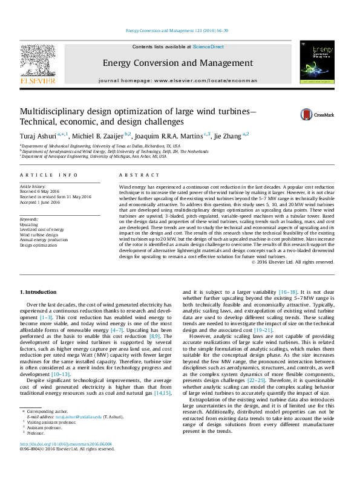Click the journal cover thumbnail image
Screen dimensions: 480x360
tap(316, 63)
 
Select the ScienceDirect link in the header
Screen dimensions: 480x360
tap(208, 47)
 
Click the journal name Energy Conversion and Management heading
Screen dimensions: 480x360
tap(177, 62)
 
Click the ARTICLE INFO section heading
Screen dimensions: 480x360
tap(49, 175)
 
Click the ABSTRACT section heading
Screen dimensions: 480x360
tap(136, 175)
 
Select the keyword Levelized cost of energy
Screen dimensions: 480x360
tap(41, 230)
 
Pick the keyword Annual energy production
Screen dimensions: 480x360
tap(44, 241)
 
